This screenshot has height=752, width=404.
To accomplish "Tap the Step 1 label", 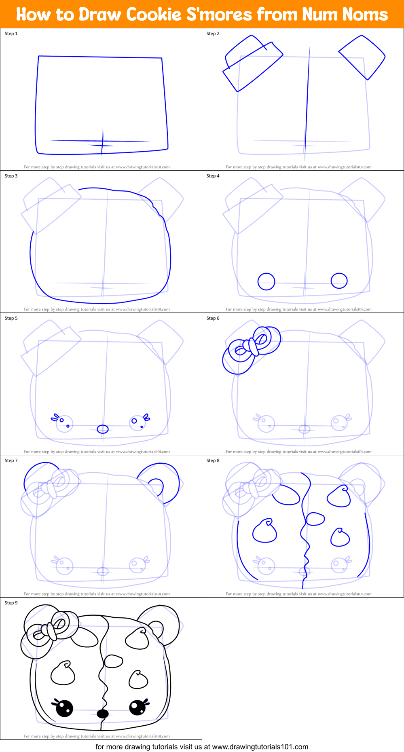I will (x=11, y=34).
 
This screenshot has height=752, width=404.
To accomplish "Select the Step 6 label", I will (x=213, y=318).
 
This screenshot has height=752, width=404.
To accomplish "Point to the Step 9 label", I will (x=11, y=603).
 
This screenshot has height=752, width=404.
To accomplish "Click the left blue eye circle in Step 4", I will (x=266, y=281).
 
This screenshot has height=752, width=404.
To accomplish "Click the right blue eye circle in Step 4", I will (x=339, y=281).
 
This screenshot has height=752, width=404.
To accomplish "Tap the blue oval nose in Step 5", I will (x=103, y=429).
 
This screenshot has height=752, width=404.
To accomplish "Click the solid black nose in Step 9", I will (x=103, y=714).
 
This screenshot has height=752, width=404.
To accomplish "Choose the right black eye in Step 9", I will (x=137, y=707).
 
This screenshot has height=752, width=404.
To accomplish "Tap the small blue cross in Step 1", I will (x=102, y=143).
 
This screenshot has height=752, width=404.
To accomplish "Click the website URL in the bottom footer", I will (x=260, y=747).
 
